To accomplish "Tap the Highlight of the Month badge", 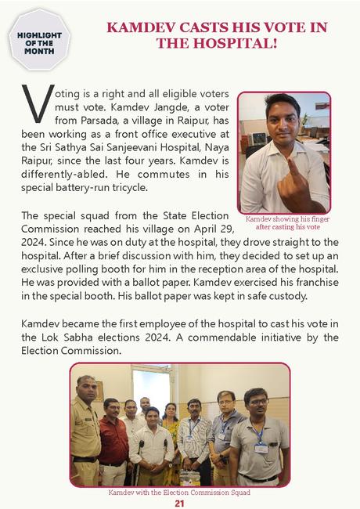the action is (39, 41).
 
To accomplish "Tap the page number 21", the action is (179, 503).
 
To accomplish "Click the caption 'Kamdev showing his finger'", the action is (283, 219).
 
